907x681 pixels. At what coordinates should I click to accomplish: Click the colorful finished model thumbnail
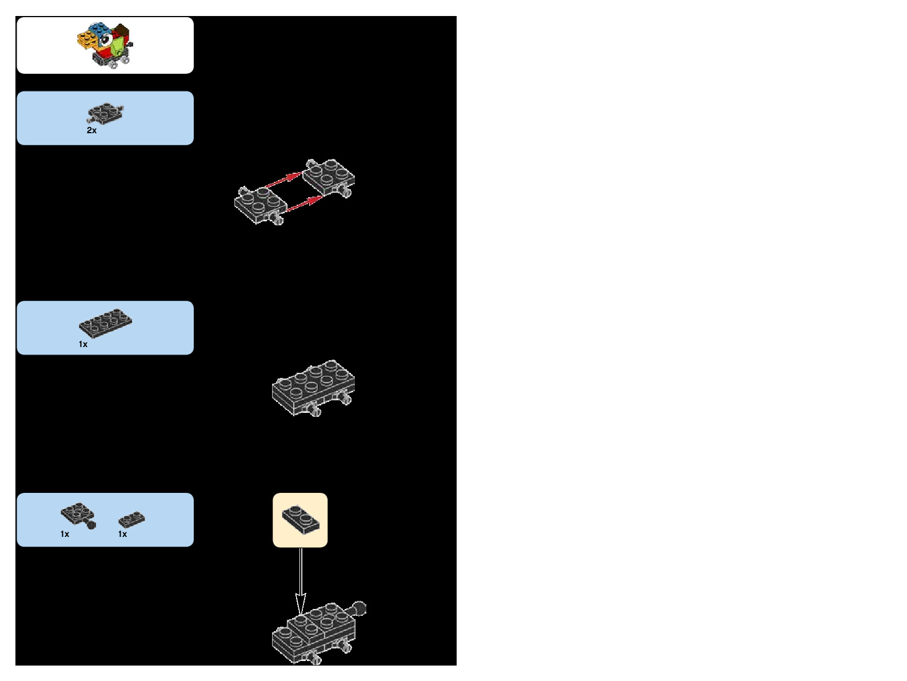click(105, 45)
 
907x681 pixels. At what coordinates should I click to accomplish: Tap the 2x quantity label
click(91, 130)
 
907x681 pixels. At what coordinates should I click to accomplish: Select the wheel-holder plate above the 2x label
click(105, 113)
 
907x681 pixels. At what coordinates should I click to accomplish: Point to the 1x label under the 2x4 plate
click(83, 344)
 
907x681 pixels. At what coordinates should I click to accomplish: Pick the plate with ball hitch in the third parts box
click(77, 514)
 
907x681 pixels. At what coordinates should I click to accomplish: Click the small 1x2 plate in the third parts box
click(131, 519)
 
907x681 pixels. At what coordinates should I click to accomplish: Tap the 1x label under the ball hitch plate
click(65, 534)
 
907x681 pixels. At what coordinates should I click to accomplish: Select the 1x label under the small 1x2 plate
click(122, 534)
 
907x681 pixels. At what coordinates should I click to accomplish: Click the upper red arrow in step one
click(284, 180)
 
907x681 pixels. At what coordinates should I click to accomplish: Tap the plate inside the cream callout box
click(301, 519)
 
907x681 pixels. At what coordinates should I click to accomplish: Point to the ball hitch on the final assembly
click(358, 608)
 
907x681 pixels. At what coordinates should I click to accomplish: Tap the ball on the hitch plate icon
click(91, 525)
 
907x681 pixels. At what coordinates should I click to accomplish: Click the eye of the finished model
click(105, 40)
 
